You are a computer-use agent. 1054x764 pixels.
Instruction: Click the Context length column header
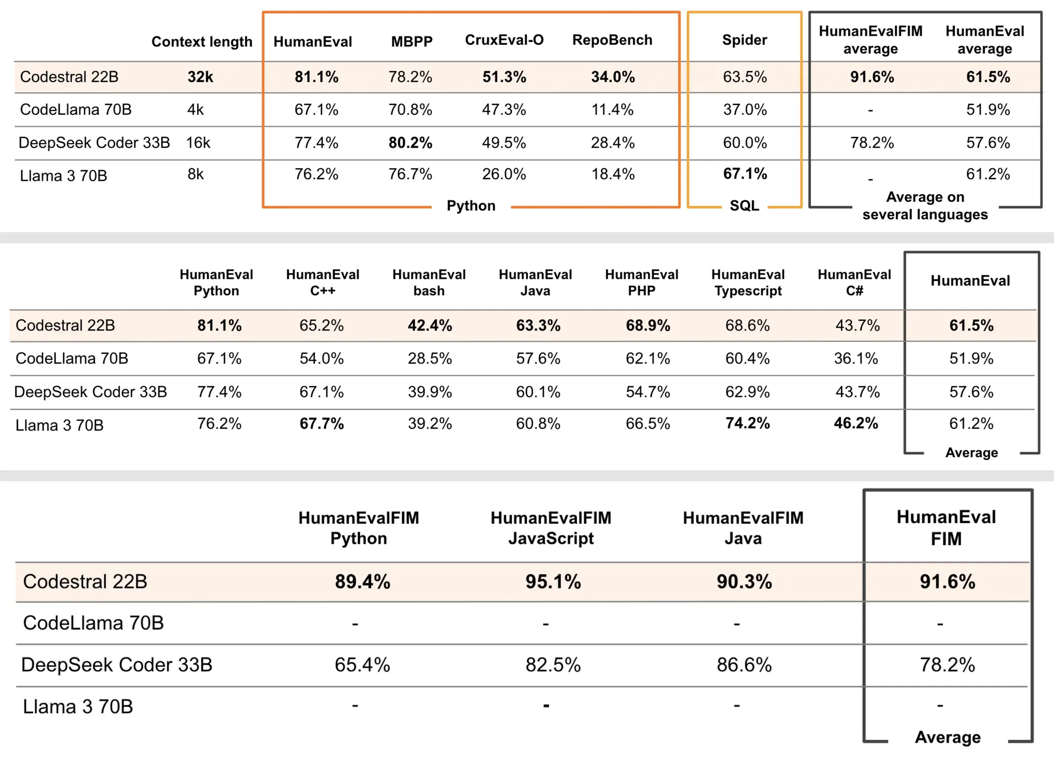[x=202, y=42]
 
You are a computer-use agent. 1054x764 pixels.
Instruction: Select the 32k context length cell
[x=200, y=77]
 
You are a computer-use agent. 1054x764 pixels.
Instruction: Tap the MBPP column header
[x=412, y=42]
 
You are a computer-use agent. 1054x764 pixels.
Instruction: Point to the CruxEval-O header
[x=504, y=40]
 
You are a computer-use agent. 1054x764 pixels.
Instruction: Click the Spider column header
[x=745, y=40]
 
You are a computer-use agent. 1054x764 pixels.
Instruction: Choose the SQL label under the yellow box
[x=745, y=205]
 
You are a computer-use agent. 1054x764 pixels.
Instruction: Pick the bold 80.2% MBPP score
[x=411, y=143]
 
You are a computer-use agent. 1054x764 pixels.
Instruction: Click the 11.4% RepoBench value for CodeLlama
[x=613, y=110]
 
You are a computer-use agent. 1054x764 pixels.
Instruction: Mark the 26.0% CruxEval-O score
[x=504, y=174]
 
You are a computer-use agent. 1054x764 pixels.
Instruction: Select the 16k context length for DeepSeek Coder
[x=198, y=143]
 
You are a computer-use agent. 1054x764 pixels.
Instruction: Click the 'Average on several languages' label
[x=925, y=205]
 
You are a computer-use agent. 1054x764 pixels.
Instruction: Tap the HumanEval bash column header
[x=429, y=282]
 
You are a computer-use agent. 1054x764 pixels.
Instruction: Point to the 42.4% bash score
[x=430, y=326]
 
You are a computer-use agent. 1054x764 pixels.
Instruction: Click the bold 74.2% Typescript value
[x=748, y=423]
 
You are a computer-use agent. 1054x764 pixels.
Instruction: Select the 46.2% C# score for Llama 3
[x=856, y=423]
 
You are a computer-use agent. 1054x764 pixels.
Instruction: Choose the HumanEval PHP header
[x=642, y=282]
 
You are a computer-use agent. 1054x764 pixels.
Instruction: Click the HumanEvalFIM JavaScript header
[x=551, y=528]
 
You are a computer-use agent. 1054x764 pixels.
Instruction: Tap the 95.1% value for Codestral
[x=553, y=582]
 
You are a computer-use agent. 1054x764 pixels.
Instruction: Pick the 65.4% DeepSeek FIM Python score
[x=363, y=665]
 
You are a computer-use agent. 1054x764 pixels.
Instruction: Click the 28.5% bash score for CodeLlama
[x=430, y=359]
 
